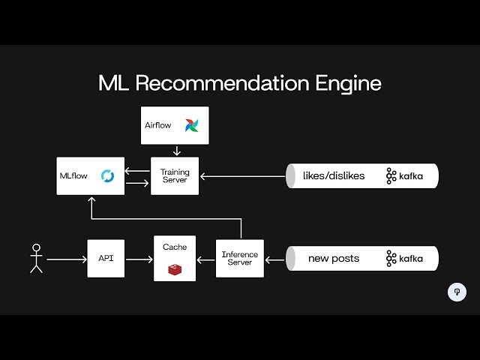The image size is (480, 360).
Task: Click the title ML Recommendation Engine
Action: pyautogui.click(x=240, y=82)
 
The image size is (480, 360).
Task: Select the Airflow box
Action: pyautogui.click(x=175, y=125)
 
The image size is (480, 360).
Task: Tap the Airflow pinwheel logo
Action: pyautogui.click(x=191, y=125)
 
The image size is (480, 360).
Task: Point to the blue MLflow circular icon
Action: pyautogui.click(x=107, y=176)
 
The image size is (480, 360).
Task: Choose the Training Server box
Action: pyautogui.click(x=175, y=176)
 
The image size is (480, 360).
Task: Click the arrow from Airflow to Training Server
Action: pyautogui.click(x=175, y=151)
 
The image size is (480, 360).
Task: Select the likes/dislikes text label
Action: pyautogui.click(x=334, y=176)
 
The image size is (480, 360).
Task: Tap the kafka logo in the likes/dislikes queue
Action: pyautogui.click(x=404, y=176)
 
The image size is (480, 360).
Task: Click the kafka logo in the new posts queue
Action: pyautogui.click(x=404, y=259)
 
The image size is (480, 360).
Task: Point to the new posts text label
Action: pyautogui.click(x=334, y=259)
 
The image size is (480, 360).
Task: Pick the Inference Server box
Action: pyautogui.click(x=240, y=259)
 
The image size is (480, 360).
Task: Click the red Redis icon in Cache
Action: pyautogui.click(x=175, y=268)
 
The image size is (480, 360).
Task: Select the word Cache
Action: pyautogui.click(x=175, y=247)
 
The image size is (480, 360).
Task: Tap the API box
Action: pyautogui.click(x=105, y=259)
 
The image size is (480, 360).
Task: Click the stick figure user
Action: pyautogui.click(x=35, y=258)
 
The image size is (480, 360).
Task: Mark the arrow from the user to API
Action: pyautogui.click(x=66, y=259)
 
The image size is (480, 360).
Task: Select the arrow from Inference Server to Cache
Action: pyautogui.click(x=206, y=259)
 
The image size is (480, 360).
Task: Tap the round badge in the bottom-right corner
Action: pyautogui.click(x=457, y=292)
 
